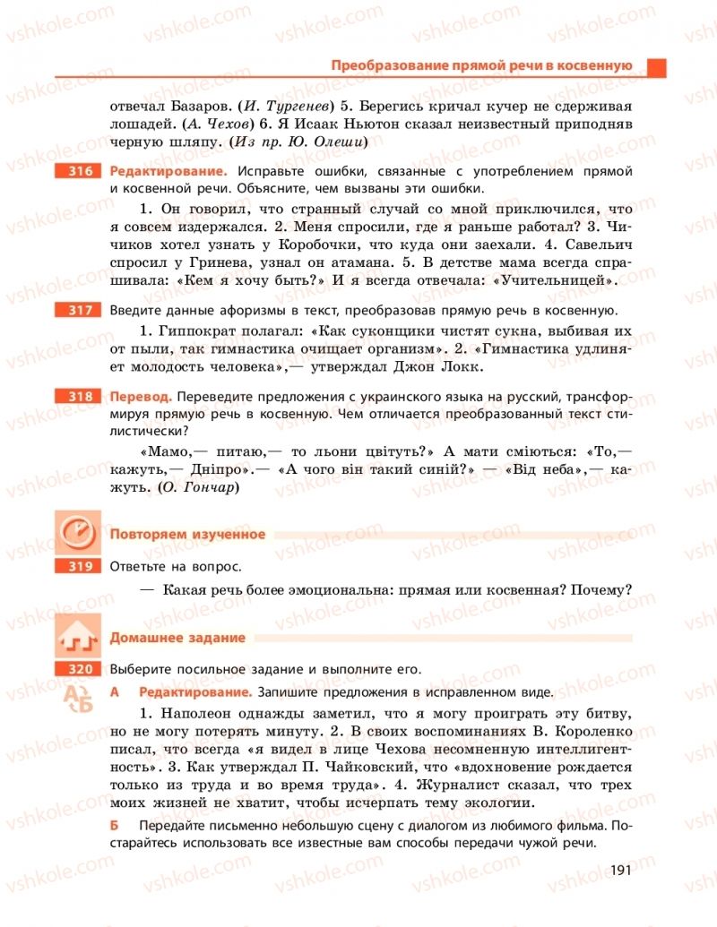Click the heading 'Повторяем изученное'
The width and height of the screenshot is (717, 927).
pyautogui.click(x=187, y=535)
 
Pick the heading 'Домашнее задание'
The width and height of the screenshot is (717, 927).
pyautogui.click(x=177, y=638)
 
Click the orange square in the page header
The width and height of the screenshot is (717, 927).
pyautogui.click(x=657, y=66)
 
